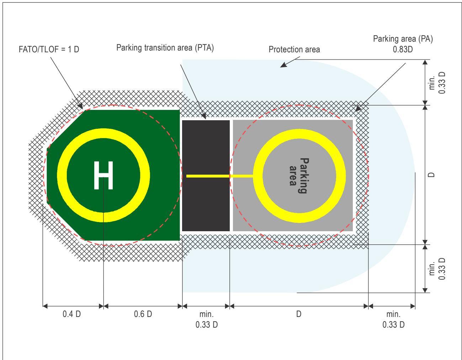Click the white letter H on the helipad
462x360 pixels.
(103, 175)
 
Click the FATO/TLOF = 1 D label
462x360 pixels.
(49, 49)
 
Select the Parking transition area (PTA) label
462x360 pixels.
(165, 48)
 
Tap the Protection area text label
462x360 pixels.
(294, 49)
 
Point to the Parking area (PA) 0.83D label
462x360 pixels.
(403, 44)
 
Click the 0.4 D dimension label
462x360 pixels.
(71, 314)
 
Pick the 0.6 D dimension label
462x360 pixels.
(143, 314)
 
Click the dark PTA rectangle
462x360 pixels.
(206, 176)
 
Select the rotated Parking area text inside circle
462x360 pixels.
(299, 176)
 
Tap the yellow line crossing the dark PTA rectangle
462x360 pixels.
(208, 176)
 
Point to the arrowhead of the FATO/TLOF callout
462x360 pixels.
(80, 106)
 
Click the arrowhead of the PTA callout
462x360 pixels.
(204, 116)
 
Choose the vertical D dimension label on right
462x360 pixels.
(431, 175)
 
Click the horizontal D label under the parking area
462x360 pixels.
(299, 314)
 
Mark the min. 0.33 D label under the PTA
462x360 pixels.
(206, 319)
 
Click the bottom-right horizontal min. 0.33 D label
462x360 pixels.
(393, 319)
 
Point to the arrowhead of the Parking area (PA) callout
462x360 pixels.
(358, 108)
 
